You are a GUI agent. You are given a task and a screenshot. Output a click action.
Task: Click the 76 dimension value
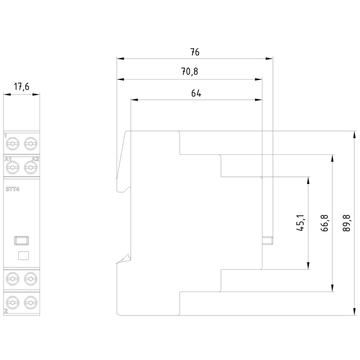(x=194, y=52)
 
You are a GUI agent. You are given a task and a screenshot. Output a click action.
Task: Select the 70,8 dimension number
(x=190, y=72)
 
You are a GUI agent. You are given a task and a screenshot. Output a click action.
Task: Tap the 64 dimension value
(x=196, y=94)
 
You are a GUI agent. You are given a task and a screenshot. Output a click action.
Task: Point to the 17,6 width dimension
(x=22, y=87)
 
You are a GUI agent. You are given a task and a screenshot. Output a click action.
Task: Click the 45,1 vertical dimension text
(x=301, y=223)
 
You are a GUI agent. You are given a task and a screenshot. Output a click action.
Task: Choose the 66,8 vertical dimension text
(x=325, y=223)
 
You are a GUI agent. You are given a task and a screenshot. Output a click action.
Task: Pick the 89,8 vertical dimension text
(x=347, y=223)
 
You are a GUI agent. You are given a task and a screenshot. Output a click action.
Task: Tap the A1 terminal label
(x=8, y=159)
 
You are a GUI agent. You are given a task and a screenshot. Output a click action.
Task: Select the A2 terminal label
(x=35, y=159)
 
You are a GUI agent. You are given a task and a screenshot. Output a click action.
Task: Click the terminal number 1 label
(x=6, y=136)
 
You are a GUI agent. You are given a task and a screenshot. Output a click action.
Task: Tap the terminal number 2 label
(x=6, y=311)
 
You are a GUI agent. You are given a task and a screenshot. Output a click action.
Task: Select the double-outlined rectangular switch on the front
(x=22, y=241)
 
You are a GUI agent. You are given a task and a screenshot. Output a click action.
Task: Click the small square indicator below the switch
(x=24, y=255)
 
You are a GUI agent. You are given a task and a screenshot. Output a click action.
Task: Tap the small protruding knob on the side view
(x=267, y=241)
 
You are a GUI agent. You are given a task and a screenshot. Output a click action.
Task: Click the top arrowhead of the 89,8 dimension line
(x=355, y=134)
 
